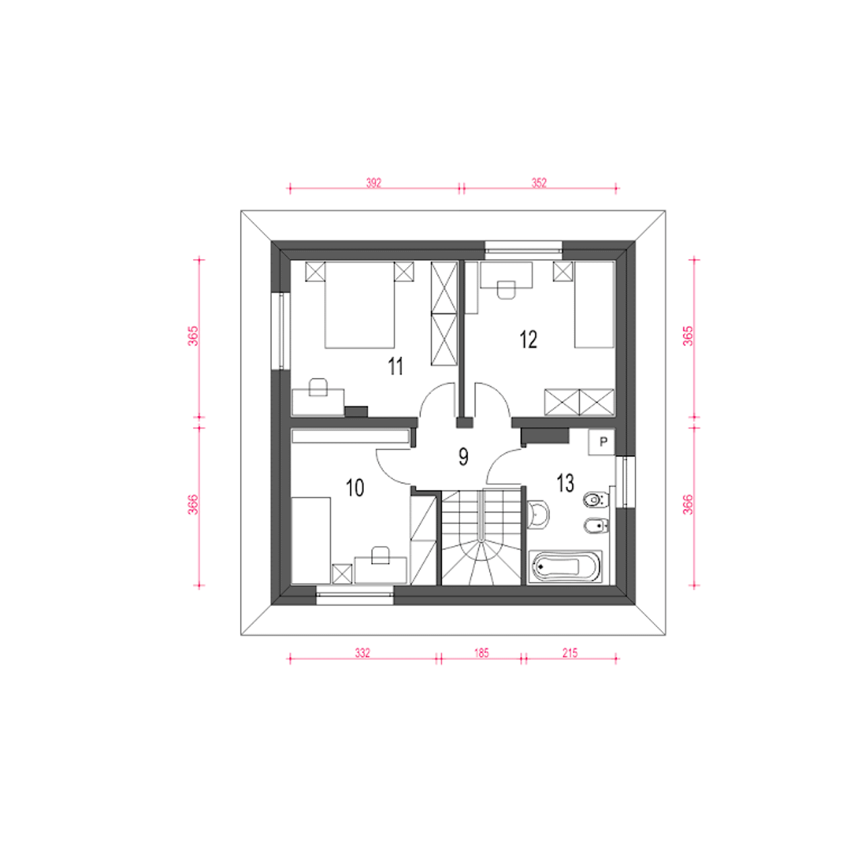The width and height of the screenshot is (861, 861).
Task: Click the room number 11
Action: (396, 367)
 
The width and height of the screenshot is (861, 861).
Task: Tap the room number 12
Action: (528, 339)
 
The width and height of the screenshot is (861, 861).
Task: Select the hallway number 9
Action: (463, 457)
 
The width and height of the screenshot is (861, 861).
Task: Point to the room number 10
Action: (354, 488)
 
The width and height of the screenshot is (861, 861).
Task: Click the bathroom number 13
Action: (565, 483)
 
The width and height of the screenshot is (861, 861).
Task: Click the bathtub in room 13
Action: (565, 567)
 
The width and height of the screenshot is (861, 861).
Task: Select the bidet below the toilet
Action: (596, 525)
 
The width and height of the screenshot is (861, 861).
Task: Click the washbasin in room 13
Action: (537, 515)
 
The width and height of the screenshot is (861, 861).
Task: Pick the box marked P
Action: (601, 443)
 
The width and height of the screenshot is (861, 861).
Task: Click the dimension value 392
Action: (373, 183)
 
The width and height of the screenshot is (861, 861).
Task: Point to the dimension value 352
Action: (539, 183)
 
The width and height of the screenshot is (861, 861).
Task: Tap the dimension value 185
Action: (481, 652)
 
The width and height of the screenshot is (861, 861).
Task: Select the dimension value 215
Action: (570, 652)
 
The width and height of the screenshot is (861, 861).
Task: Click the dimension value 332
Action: (363, 652)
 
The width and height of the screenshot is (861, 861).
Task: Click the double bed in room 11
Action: (360, 305)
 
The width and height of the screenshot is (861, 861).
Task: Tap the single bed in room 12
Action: (594, 305)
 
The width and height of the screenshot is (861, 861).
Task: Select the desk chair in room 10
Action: (380, 555)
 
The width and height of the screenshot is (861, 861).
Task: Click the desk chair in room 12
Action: (507, 289)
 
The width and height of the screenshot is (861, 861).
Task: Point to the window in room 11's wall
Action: (281, 331)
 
